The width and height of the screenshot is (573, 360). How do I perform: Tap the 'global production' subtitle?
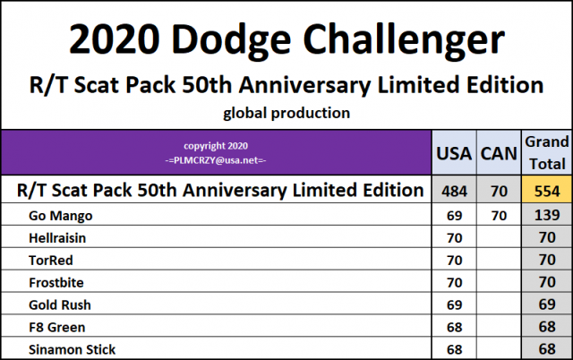(286, 113)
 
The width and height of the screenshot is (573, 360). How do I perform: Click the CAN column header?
(499, 153)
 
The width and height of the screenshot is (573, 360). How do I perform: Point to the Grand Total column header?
(546, 152)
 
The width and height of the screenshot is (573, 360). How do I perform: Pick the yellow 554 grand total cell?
(546, 190)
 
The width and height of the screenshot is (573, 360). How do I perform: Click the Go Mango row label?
(62, 215)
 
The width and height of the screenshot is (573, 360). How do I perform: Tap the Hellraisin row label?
(59, 237)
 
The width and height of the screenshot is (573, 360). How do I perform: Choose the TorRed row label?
(52, 260)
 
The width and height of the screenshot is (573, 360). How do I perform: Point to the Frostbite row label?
(57, 282)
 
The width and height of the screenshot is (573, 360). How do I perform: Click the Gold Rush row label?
(58, 304)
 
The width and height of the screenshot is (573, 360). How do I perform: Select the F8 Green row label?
(56, 327)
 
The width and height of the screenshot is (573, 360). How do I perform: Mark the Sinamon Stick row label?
(71, 348)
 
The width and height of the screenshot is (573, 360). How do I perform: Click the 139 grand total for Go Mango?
(546, 215)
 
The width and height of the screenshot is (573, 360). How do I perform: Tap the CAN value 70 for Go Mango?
(499, 215)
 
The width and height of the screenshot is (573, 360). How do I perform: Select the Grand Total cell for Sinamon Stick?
(546, 348)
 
